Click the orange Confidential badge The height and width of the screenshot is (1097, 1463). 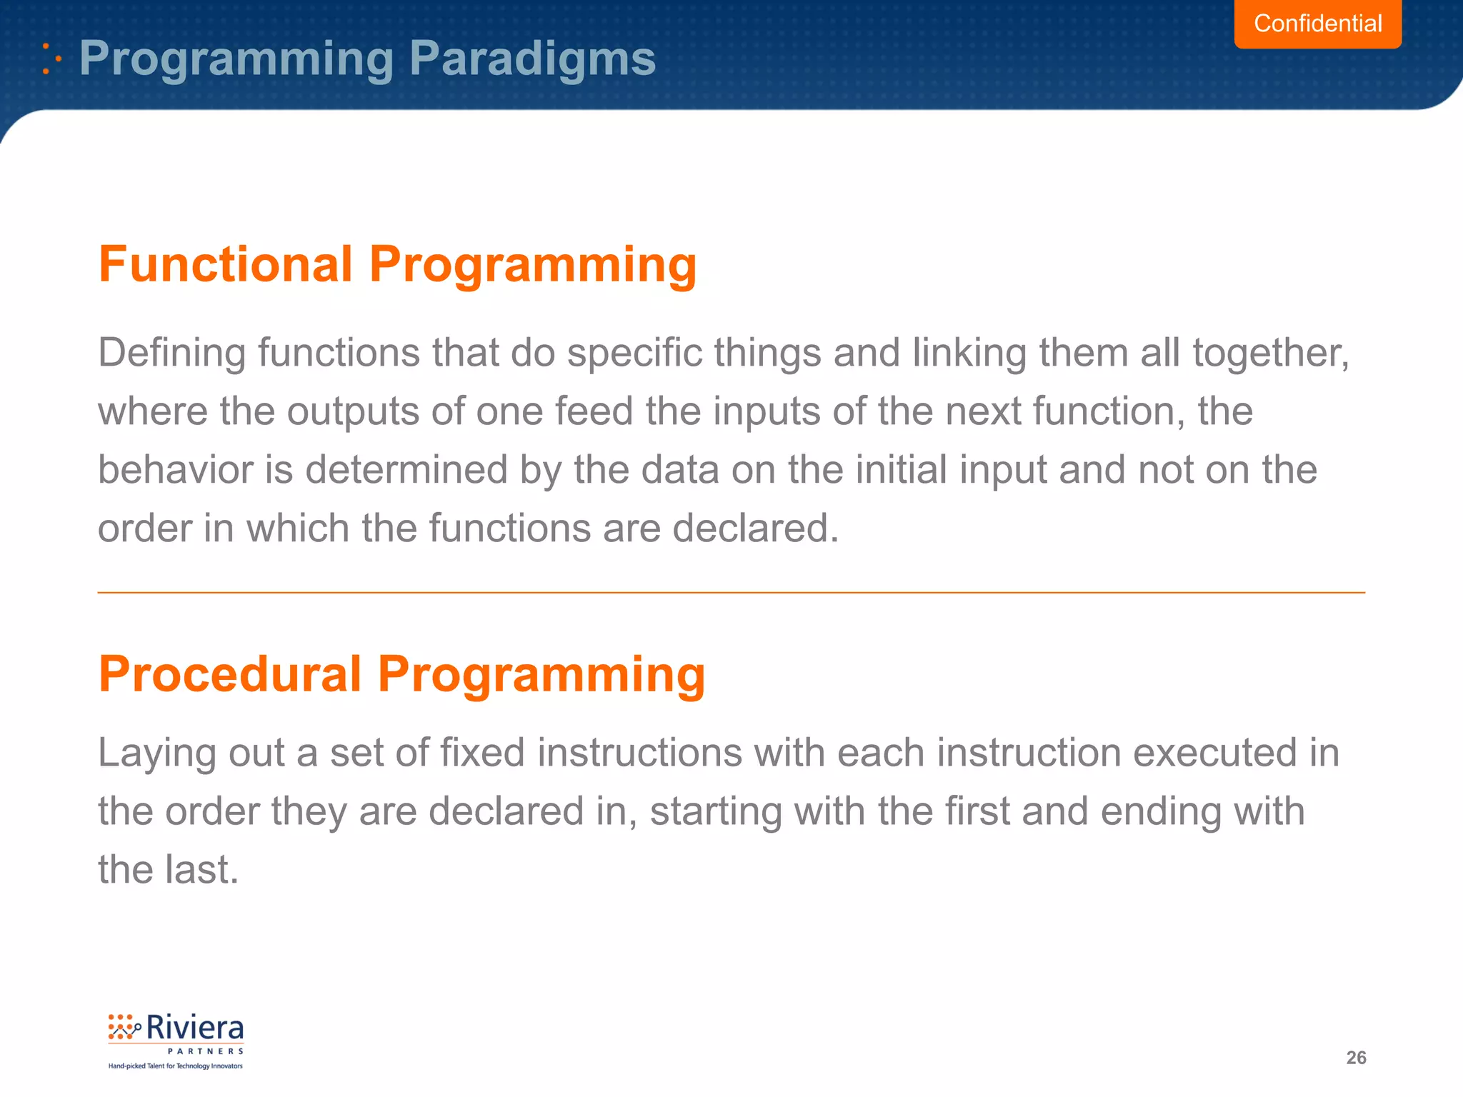tap(1317, 24)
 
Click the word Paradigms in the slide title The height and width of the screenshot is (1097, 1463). tap(532, 58)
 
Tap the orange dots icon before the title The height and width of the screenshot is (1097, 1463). tap(51, 59)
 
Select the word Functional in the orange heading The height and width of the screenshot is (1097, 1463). tap(226, 264)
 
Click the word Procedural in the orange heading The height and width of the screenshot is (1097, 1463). tap(230, 673)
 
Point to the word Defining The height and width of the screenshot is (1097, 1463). tap(171, 353)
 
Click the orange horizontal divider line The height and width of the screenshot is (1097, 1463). tap(731, 592)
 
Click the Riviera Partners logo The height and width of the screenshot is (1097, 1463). tap(176, 1040)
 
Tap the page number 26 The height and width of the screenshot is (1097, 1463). tap(1356, 1058)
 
